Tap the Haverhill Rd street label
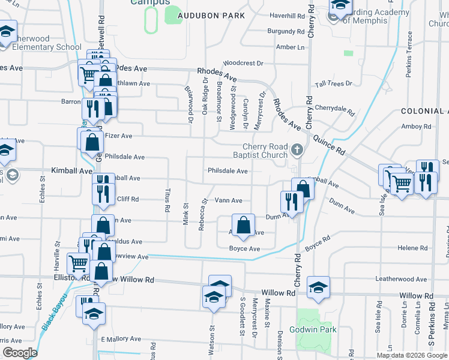(287, 16)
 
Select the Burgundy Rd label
(286, 31)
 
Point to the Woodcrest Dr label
(243, 63)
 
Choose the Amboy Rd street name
(416, 127)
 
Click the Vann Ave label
(228, 200)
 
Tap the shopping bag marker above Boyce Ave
(243, 226)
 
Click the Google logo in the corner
(19, 353)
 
